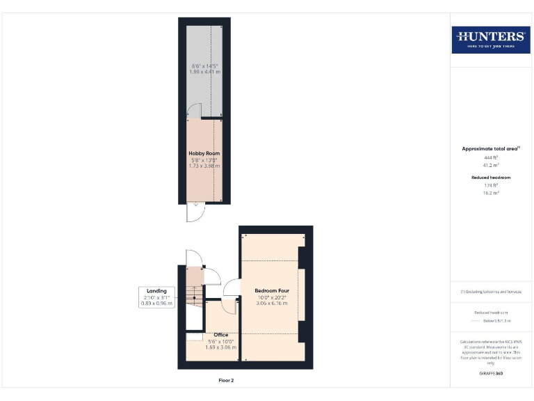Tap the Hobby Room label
pos(204,153)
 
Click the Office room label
pos(221,335)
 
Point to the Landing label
pos(156,291)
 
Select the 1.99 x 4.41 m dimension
pos(204,72)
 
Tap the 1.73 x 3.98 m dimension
pos(204,166)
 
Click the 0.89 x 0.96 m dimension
pos(156,304)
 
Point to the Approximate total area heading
pos(491,148)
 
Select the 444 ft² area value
pos(491,158)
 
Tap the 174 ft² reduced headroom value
pos(491,184)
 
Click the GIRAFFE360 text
pos(491,374)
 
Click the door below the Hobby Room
pos(195,212)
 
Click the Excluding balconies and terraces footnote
pos(491,292)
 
